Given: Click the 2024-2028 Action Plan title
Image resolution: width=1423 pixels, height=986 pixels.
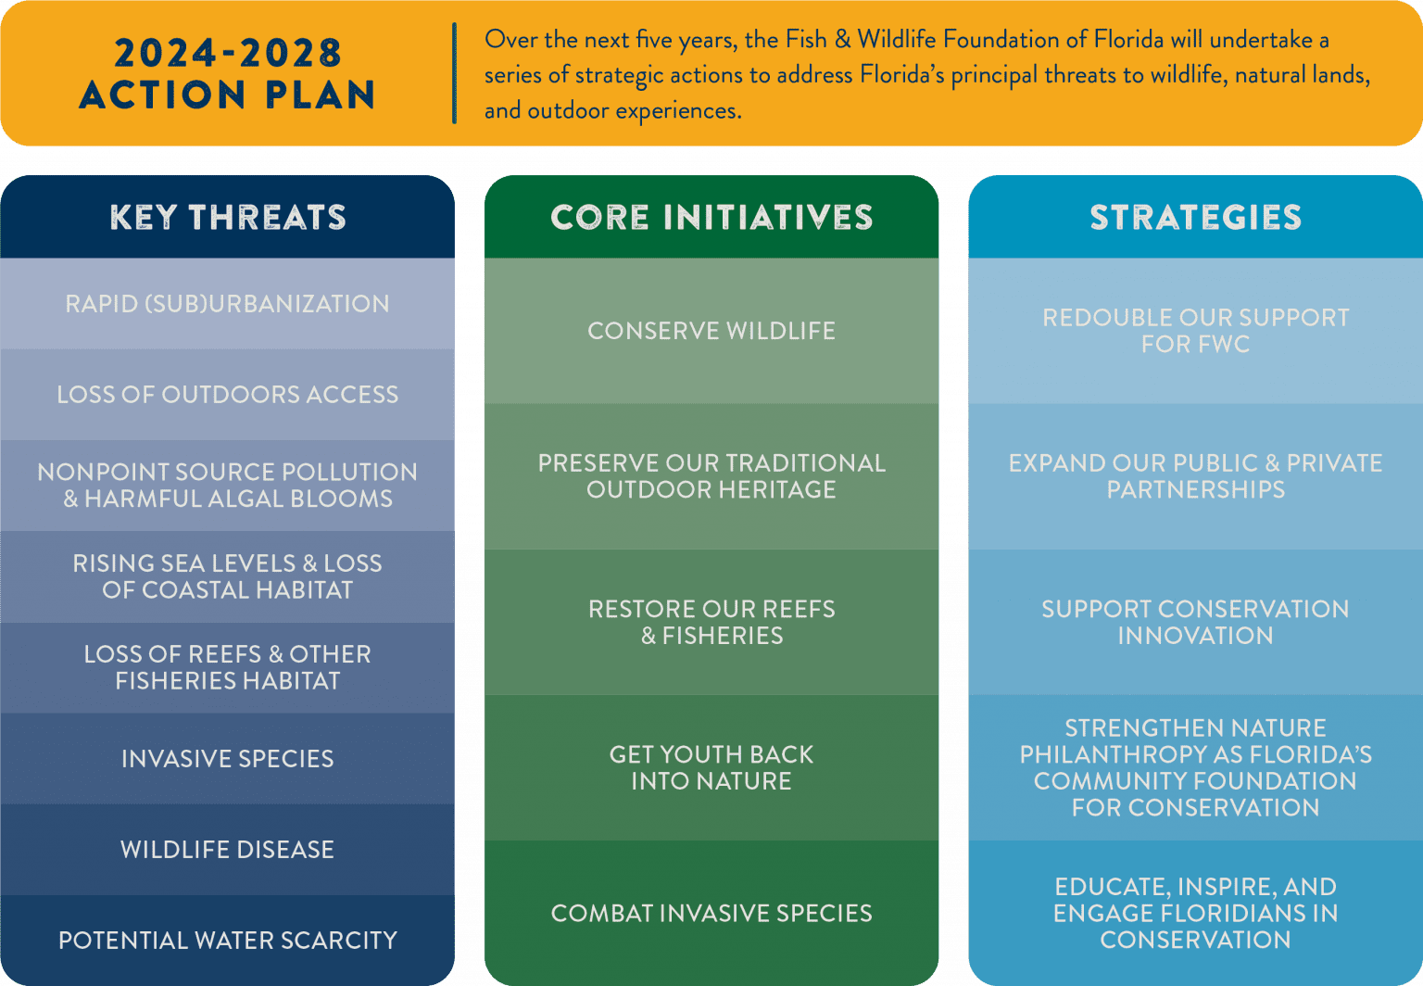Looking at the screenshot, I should [x=227, y=74].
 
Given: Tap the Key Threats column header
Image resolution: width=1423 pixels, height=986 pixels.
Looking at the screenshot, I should [x=227, y=218].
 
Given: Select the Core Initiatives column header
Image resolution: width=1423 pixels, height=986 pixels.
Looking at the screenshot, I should [x=711, y=218].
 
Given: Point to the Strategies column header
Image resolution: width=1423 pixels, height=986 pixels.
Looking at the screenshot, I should [x=1195, y=218].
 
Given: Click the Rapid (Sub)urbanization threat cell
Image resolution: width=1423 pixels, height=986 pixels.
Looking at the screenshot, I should [x=227, y=304].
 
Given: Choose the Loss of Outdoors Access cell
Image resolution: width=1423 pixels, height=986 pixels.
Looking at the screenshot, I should [x=227, y=395].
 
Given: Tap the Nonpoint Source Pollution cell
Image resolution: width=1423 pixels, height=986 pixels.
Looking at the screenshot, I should [x=227, y=486].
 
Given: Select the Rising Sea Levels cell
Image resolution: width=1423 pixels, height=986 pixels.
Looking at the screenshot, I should [x=227, y=576].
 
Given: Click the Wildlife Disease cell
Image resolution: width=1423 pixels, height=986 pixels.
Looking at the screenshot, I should [x=227, y=850].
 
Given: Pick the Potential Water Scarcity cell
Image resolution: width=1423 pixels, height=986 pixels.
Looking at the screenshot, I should [x=227, y=941].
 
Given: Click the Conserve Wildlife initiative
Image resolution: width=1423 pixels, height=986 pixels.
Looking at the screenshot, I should [x=711, y=331].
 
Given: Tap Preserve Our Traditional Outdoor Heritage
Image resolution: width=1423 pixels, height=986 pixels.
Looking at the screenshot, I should [x=711, y=476].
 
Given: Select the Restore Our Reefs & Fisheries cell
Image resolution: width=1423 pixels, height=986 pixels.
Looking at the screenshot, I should [x=711, y=622].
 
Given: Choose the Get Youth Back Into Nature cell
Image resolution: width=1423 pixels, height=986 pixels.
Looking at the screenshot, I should [x=711, y=767].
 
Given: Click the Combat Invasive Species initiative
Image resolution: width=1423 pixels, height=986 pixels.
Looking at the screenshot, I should [x=711, y=913].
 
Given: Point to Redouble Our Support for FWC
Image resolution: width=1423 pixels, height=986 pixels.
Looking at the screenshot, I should [x=1195, y=331].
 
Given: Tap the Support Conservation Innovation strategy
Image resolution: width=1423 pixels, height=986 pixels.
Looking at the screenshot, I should [x=1195, y=622].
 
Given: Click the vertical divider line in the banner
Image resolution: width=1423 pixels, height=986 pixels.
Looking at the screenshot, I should [x=454, y=74].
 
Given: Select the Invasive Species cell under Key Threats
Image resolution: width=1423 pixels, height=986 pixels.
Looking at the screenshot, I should [x=227, y=759].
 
